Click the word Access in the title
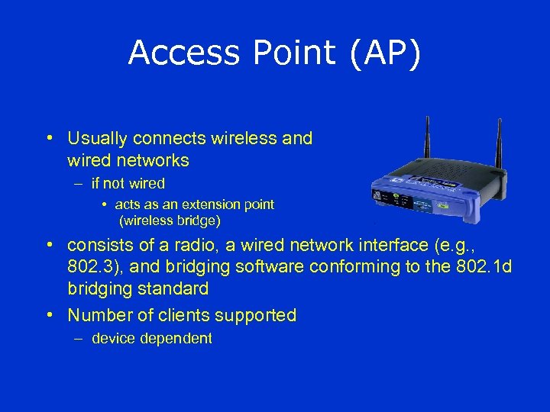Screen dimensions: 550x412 tap(173, 53)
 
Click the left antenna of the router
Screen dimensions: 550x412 tap(428, 145)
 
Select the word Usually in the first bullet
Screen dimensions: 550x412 tap(97, 139)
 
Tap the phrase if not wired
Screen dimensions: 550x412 tap(128, 184)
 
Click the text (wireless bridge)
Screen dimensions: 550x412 tap(170, 221)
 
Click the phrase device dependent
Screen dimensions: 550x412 tap(152, 339)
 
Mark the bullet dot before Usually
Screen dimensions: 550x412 tap(48, 139)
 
